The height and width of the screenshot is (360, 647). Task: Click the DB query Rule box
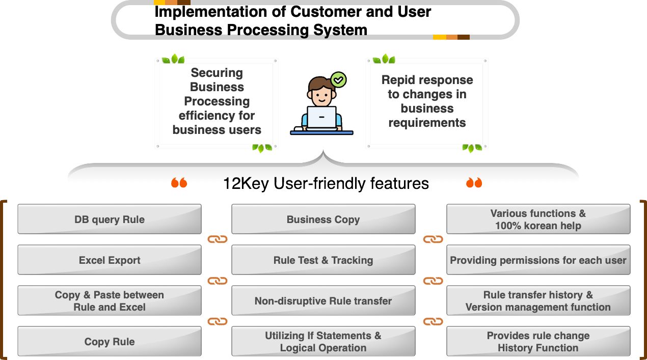pyautogui.click(x=110, y=219)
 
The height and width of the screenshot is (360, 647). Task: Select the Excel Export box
pyautogui.click(x=110, y=260)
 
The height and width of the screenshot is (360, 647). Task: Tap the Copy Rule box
pyautogui.click(x=110, y=341)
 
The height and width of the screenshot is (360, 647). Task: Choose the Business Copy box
pyautogui.click(x=323, y=219)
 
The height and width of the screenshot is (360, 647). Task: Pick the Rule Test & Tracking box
pyautogui.click(x=323, y=260)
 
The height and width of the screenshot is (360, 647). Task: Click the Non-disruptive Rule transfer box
pyautogui.click(x=323, y=300)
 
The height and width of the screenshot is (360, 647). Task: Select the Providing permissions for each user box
pyautogui.click(x=538, y=260)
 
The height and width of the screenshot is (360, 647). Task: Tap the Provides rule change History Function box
pyautogui.click(x=538, y=341)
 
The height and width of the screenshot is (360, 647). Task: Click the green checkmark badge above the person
pyautogui.click(x=338, y=79)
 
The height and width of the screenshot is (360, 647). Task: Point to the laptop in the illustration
pyautogui.click(x=321, y=118)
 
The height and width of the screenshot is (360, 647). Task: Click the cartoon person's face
pyautogui.click(x=322, y=95)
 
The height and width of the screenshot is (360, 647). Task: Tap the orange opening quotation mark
pyautogui.click(x=179, y=182)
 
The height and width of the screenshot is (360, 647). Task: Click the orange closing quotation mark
pyautogui.click(x=474, y=182)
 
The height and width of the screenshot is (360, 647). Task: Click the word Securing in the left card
pyautogui.click(x=217, y=73)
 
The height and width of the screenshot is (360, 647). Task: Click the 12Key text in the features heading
pyautogui.click(x=246, y=184)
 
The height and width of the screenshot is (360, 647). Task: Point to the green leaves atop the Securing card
pyautogui.click(x=173, y=59)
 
